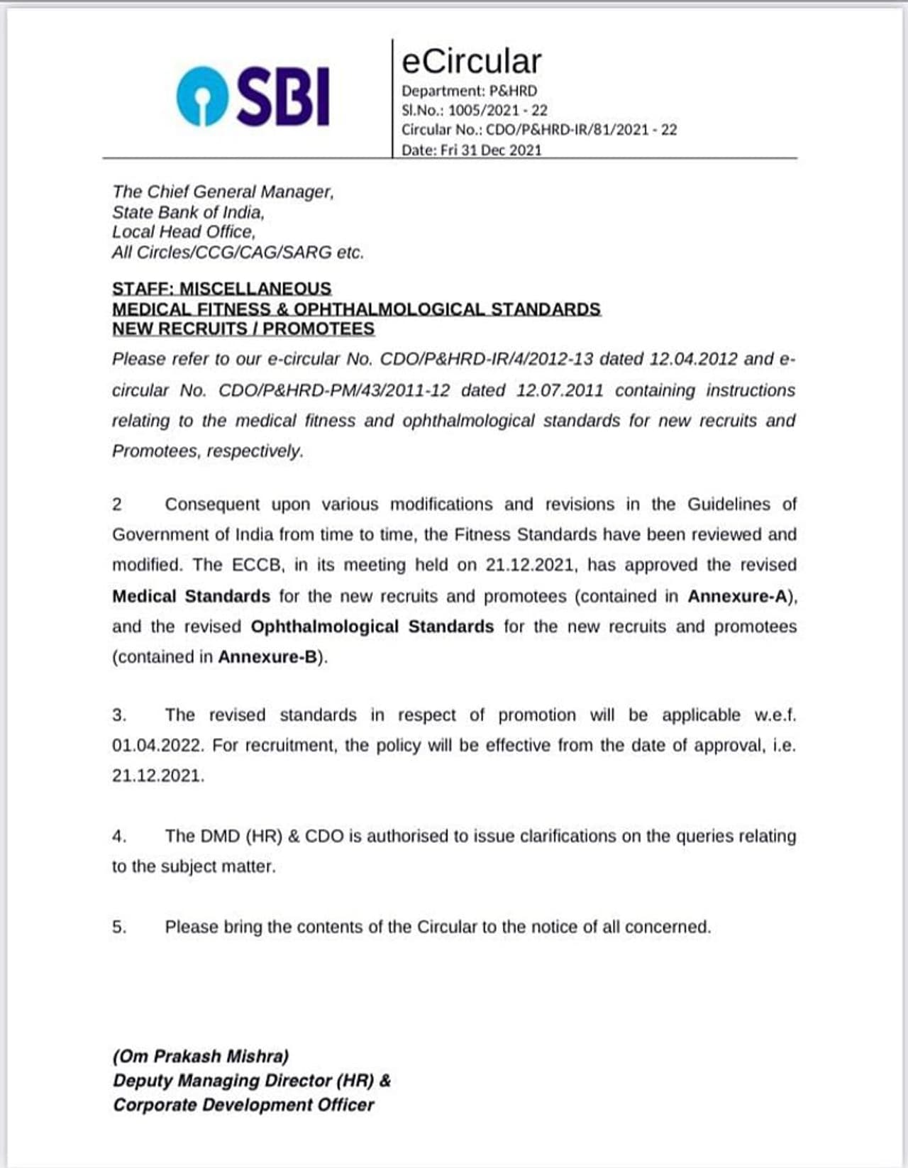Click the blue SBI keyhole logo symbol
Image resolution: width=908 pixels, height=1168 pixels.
click(201, 96)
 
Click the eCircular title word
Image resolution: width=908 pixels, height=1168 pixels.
click(471, 61)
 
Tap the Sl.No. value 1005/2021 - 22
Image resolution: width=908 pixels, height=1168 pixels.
click(498, 110)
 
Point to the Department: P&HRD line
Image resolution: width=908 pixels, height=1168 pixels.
click(469, 91)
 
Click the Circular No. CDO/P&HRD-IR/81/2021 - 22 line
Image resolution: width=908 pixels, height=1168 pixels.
click(539, 130)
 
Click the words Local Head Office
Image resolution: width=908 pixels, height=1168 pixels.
click(183, 232)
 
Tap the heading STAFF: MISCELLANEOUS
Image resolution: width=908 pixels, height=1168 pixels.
click(221, 288)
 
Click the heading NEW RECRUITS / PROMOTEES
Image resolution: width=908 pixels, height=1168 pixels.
click(243, 329)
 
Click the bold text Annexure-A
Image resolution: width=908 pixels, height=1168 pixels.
click(738, 596)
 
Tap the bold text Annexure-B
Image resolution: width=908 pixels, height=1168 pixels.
click(267, 657)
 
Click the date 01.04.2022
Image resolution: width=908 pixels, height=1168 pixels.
click(157, 746)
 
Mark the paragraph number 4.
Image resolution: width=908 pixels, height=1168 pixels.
click(119, 837)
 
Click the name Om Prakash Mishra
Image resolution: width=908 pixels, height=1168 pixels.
click(201, 1057)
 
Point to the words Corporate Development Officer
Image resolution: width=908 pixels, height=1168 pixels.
click(243, 1105)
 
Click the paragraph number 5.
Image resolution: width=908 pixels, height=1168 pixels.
click(119, 927)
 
